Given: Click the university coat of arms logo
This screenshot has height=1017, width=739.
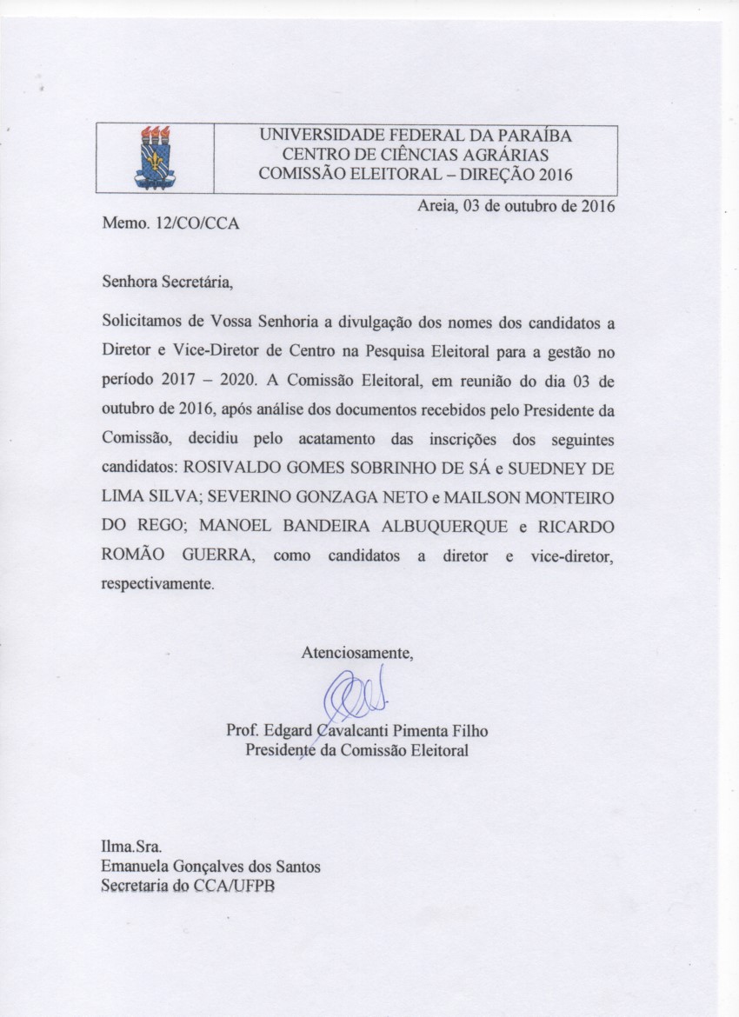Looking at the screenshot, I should pyautogui.click(x=155, y=157).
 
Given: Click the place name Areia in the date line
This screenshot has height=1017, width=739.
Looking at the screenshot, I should pyautogui.click(x=436, y=206).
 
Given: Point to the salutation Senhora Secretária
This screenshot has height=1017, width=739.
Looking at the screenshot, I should pyautogui.click(x=168, y=282).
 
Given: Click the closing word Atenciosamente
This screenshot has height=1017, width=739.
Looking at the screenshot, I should pyautogui.click(x=357, y=652).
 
